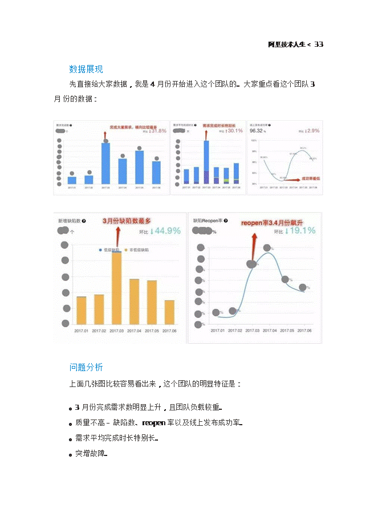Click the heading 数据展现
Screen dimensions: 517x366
[x=86, y=70]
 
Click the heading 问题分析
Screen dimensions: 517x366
[x=86, y=367]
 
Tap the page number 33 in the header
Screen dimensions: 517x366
[x=319, y=44]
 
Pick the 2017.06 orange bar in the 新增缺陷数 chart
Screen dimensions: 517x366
[x=169, y=312]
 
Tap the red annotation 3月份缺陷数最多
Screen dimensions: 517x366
[x=127, y=221]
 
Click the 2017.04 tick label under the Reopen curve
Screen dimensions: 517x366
[x=268, y=330]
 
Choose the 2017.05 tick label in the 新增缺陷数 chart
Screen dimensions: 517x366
[x=152, y=330]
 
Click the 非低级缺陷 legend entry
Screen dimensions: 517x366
[x=137, y=250]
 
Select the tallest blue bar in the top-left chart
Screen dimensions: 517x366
[x=105, y=163]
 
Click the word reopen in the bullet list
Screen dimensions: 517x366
[x=153, y=423]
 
